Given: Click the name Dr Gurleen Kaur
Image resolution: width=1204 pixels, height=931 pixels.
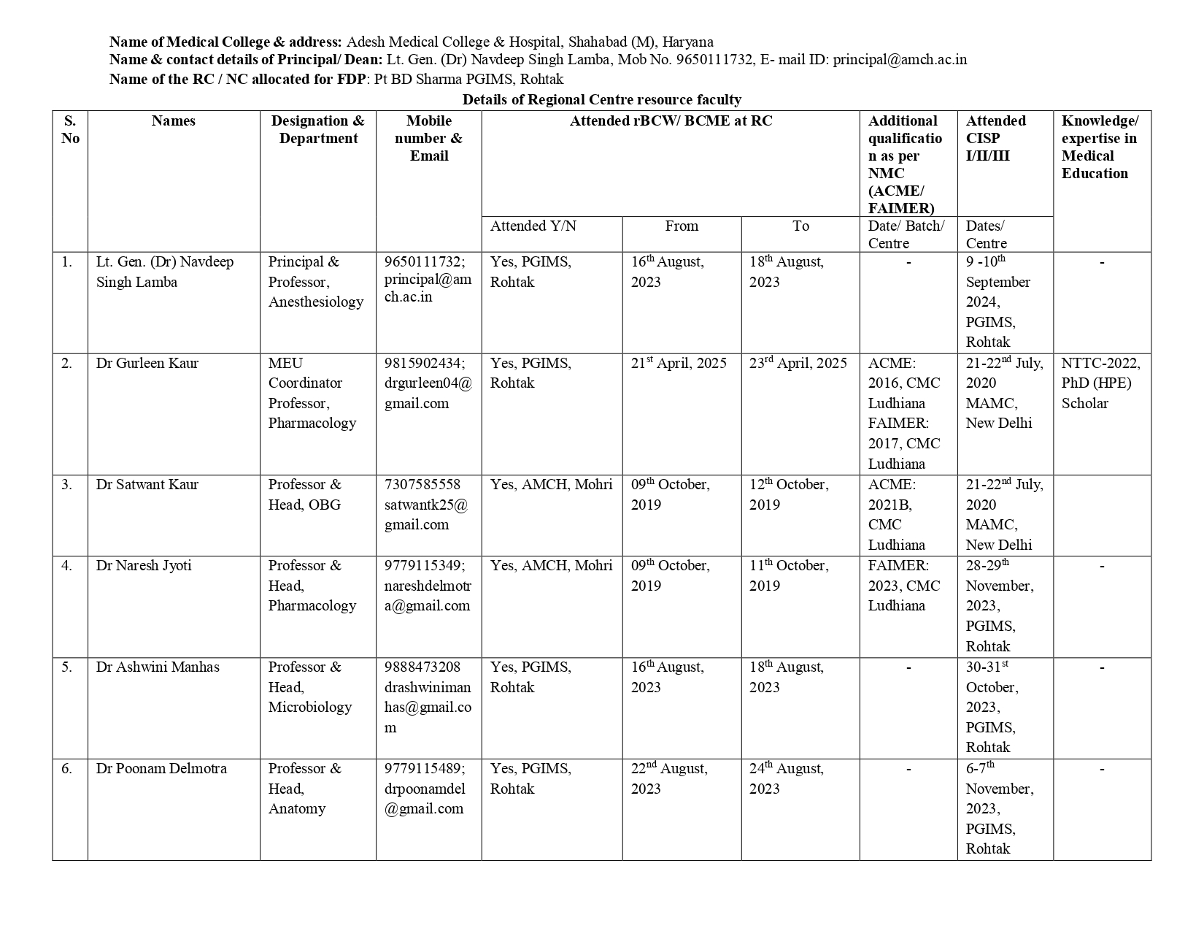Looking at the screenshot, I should point(147,364).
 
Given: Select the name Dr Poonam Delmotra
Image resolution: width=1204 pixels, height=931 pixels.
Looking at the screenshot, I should point(161,769).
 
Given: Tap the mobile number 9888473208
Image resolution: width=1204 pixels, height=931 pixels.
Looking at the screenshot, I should point(422,667).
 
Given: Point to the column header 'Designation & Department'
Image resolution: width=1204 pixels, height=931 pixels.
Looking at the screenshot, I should point(318,130).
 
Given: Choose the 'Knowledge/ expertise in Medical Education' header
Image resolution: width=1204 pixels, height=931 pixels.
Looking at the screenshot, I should point(1099,147).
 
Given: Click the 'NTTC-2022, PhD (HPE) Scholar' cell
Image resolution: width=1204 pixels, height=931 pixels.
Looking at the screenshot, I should point(1100,383).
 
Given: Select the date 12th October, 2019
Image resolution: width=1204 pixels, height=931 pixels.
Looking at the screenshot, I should point(789,494).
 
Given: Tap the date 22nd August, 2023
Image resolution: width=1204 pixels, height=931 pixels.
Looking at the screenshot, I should point(669,778).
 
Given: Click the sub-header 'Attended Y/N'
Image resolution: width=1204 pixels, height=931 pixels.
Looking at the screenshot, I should point(533,226).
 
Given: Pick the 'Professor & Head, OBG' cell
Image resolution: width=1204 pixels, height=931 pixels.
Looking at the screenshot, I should point(304,494).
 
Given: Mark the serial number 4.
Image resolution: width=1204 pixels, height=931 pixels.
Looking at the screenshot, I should point(67,566).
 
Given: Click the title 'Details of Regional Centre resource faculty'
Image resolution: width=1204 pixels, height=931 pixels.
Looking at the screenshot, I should point(601,99).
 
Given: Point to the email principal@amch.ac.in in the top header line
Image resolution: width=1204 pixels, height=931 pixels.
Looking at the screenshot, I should point(900,60).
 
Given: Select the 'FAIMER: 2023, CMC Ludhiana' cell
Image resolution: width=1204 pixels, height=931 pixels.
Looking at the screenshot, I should point(903,586).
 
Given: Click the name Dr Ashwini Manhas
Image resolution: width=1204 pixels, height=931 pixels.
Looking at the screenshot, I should point(158,667).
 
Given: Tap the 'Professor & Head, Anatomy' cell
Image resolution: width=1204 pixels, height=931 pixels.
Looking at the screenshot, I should point(304,789).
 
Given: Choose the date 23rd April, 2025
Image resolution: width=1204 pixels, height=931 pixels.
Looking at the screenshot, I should point(798,364).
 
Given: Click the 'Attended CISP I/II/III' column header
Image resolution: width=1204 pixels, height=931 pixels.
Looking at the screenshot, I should point(995,138).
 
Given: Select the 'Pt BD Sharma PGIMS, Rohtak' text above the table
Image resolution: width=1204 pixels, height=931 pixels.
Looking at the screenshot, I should point(468,80).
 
